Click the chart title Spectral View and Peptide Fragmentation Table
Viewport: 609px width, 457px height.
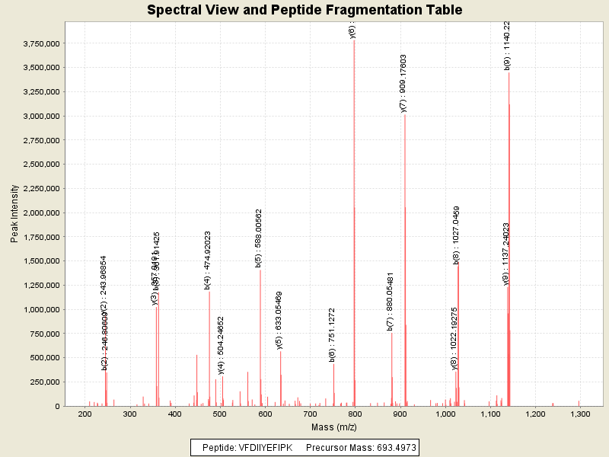pos(304,10)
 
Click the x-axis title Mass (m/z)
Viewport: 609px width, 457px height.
pos(334,427)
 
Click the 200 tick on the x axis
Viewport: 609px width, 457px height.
pos(85,414)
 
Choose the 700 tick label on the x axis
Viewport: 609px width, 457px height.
pos(311,414)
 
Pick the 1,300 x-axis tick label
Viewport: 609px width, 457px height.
pos(580,414)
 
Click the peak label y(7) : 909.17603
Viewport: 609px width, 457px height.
pos(403,84)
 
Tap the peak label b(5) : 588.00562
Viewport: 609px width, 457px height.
pos(259,238)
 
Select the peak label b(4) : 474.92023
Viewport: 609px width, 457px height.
pos(208,260)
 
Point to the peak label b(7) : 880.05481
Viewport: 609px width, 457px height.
pos(391,301)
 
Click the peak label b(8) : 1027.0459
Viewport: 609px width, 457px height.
pos(457,235)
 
